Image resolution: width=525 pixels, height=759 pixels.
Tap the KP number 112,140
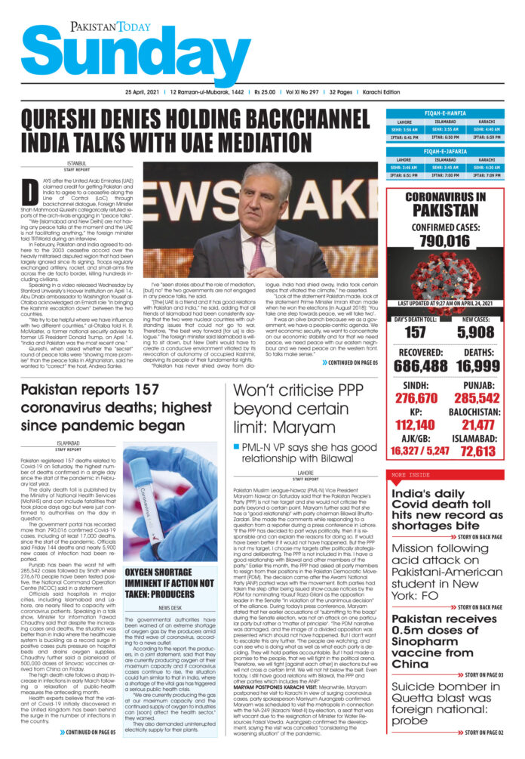tap(415, 425)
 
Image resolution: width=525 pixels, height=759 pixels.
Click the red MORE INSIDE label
tap(410, 474)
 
